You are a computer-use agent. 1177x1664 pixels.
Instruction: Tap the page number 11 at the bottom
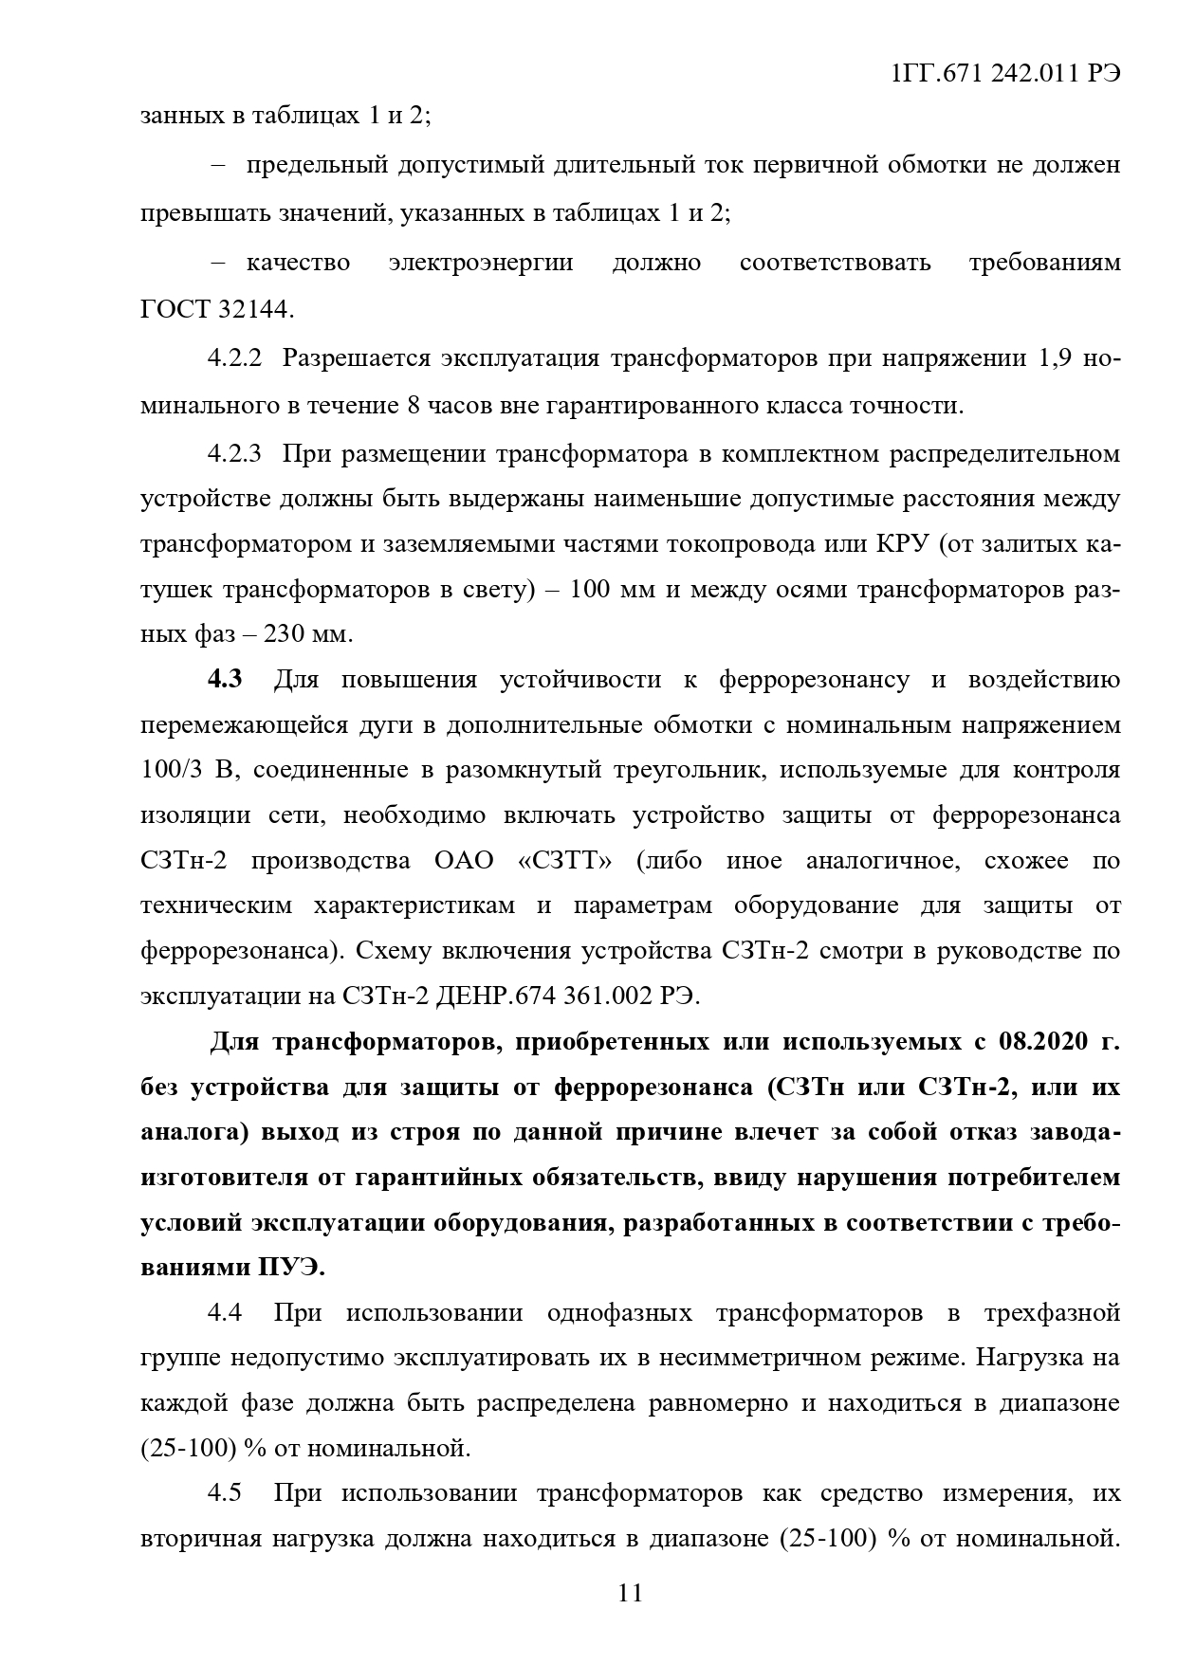click(630, 1593)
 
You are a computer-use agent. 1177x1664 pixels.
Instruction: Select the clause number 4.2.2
click(234, 359)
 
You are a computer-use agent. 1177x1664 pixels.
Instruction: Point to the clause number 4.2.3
click(234, 453)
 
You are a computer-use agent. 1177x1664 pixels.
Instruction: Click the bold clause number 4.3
click(225, 680)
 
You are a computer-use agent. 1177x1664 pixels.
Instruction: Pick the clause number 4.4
click(225, 1312)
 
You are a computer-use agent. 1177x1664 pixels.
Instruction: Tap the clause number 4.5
click(225, 1493)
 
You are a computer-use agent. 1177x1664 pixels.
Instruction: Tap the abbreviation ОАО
click(465, 861)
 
